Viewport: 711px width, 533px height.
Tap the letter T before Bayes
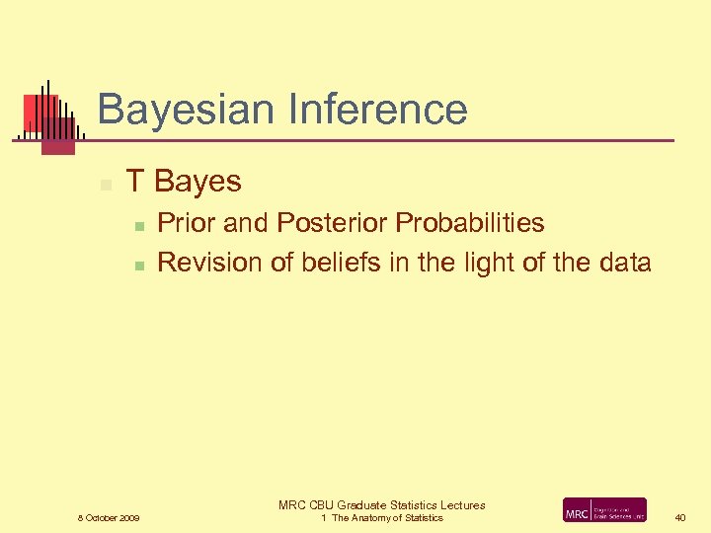click(136, 182)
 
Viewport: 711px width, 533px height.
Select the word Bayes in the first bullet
click(198, 183)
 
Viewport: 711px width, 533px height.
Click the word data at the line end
click(623, 263)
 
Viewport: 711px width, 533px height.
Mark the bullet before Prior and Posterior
click(140, 226)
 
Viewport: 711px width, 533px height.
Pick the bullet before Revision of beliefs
click(140, 266)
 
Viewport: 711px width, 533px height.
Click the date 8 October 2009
click(109, 518)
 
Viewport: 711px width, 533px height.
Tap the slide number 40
click(680, 517)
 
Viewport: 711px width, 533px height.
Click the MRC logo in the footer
click(604, 510)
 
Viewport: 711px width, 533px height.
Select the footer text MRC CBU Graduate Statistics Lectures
click(381, 505)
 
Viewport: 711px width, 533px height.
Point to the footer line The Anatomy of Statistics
click(387, 518)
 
